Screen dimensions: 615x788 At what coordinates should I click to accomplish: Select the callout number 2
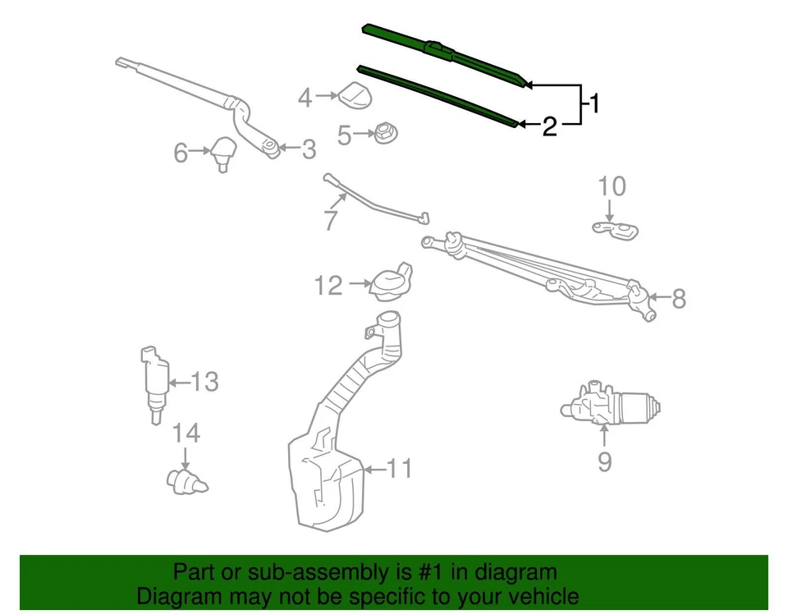pyautogui.click(x=549, y=126)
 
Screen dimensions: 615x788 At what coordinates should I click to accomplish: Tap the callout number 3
pyautogui.click(x=308, y=149)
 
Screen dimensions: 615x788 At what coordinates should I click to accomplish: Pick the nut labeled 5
pyautogui.click(x=382, y=132)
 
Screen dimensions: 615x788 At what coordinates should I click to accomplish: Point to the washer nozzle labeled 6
pyautogui.click(x=221, y=152)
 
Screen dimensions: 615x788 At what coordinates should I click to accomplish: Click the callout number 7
pyautogui.click(x=331, y=220)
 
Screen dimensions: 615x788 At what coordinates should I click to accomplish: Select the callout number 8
pyautogui.click(x=678, y=299)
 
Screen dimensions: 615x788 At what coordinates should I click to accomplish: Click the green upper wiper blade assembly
pyautogui.click(x=443, y=53)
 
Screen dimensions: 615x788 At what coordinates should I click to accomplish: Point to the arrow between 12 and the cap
pyautogui.click(x=359, y=284)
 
